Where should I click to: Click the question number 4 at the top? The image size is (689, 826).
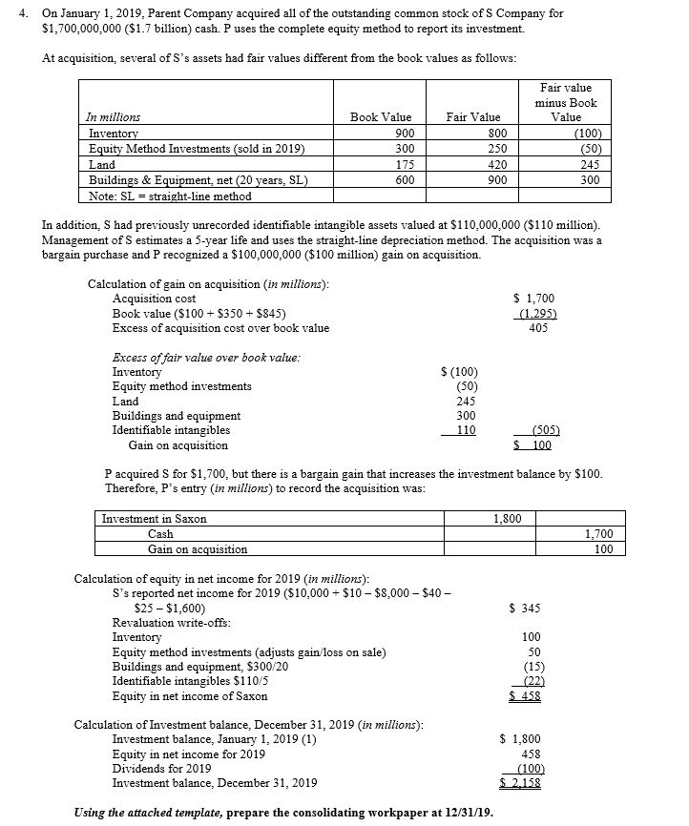(x=9, y=14)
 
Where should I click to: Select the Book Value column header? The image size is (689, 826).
(x=381, y=117)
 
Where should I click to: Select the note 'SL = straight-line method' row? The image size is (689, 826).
(x=170, y=196)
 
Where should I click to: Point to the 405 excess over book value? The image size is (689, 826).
(x=540, y=328)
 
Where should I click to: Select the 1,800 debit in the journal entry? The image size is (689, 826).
(x=507, y=518)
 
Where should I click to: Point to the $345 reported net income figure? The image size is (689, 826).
(x=525, y=608)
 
